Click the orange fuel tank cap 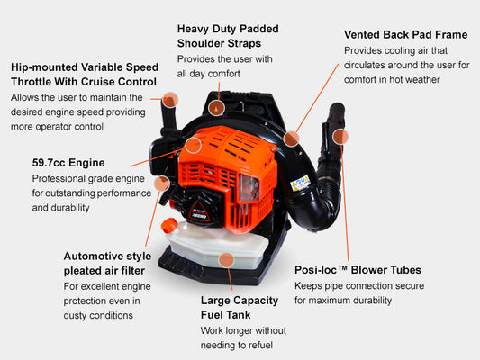(x=169, y=226)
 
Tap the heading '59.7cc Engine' (x=68, y=163)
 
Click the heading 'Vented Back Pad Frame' (x=405, y=34)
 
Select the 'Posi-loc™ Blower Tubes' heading (x=358, y=270)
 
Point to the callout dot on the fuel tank (x=227, y=260)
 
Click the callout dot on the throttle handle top (x=170, y=100)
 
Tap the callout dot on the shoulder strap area (x=217, y=108)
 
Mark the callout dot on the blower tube (x=340, y=137)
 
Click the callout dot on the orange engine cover (x=194, y=145)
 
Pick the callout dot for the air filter (x=162, y=184)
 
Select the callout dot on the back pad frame (x=291, y=139)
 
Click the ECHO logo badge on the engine (x=199, y=211)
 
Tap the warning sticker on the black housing (x=300, y=183)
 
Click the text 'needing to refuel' (x=237, y=345)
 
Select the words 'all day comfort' (x=208, y=74)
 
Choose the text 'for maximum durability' (x=343, y=300)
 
